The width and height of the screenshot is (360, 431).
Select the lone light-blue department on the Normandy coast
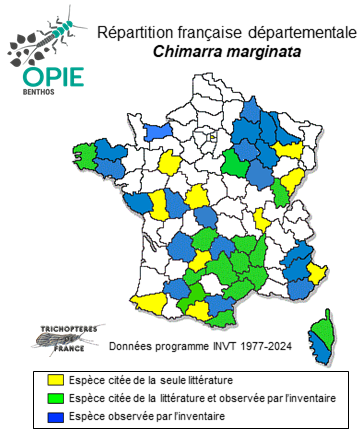click(x=157, y=131)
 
